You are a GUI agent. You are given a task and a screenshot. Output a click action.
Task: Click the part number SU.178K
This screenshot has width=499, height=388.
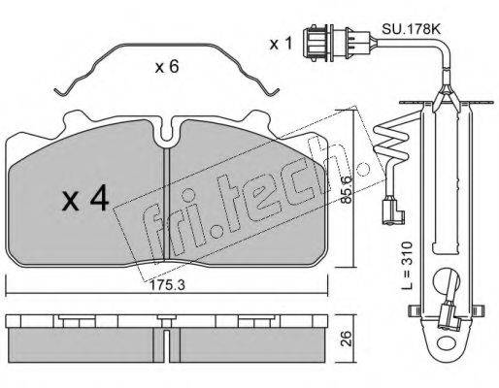pos(411,29)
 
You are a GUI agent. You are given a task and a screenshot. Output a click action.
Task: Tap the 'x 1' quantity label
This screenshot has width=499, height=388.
pos(282,44)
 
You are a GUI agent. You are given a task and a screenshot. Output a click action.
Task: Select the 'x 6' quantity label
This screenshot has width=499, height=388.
pos(167,67)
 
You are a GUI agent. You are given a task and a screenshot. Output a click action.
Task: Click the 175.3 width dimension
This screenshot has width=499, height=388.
pos(167,285)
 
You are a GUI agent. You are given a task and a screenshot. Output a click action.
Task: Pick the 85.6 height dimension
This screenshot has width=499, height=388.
pos(347,190)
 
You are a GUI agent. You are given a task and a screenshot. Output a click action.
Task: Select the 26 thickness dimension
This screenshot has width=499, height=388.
pos(347,339)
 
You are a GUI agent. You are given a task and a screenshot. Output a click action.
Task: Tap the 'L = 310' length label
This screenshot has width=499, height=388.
pos(408,265)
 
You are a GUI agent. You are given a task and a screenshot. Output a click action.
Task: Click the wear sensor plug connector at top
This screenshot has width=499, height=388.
pos(337,44)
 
